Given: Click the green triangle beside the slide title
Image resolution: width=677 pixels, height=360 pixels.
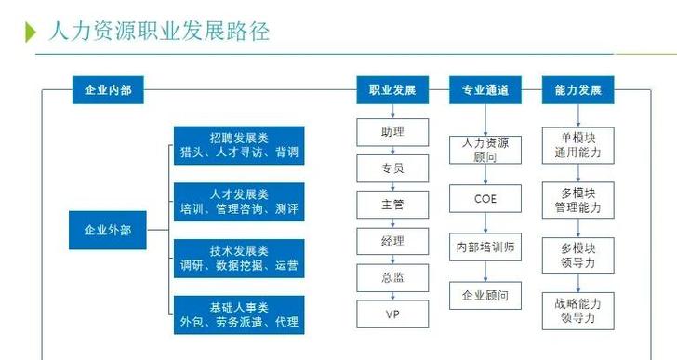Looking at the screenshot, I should pos(31,33).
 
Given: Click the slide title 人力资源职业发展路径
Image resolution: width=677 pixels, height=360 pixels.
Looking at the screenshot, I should pos(159,32).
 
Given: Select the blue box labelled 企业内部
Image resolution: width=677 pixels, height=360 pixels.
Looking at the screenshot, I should pos(108,90).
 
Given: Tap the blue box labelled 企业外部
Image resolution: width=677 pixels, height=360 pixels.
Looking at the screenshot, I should pos(108,230).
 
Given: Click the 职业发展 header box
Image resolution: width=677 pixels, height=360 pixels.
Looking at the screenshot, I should pos(392,90).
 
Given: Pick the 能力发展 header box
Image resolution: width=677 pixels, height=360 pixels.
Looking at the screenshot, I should pos(578,90).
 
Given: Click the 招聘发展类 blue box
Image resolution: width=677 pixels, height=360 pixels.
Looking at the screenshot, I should pos(240,145).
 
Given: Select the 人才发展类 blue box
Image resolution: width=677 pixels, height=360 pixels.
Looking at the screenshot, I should pos(240,201).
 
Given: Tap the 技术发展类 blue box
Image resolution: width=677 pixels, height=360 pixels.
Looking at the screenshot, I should pos(240,258).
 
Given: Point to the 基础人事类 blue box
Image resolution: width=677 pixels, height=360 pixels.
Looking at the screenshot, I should pos(240,314).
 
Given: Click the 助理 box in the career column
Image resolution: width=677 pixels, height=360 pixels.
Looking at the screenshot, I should pos(392,131).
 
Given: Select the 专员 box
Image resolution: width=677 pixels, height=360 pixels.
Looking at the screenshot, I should pos(392,167).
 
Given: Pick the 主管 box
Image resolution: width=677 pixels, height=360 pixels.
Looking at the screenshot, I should pos(392,204).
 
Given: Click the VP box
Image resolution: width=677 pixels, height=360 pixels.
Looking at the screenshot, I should pos(392,313).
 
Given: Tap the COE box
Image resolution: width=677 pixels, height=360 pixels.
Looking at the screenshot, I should pos(485,198).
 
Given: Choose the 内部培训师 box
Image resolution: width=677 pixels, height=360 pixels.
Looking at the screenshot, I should pos(485,248).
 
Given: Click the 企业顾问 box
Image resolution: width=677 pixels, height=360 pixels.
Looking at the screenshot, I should pos(485,299).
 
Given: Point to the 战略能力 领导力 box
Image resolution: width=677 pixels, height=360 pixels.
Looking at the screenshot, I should pos(578,310).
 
